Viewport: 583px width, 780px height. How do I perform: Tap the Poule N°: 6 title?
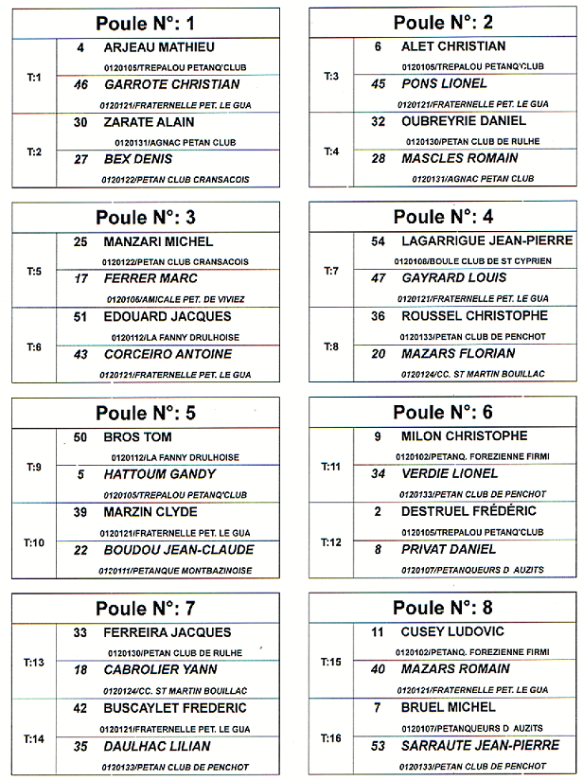(443, 413)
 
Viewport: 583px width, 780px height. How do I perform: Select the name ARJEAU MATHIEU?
(159, 47)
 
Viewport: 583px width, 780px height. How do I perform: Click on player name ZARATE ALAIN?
(149, 122)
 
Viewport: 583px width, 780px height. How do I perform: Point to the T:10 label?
(34, 542)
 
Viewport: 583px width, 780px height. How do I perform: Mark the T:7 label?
(331, 272)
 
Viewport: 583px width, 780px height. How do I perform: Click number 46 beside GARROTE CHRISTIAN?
(80, 84)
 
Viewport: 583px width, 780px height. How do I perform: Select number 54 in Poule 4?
(378, 241)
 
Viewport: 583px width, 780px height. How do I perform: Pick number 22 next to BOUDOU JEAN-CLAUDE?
(80, 550)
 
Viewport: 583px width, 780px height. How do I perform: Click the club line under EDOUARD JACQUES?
(175, 337)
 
